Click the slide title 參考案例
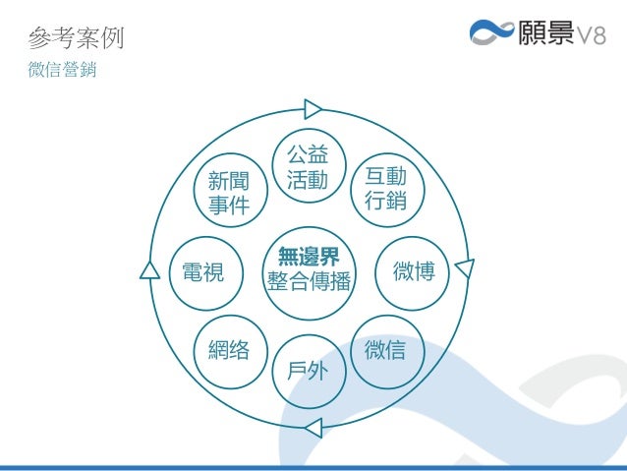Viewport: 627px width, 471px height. [x=76, y=40]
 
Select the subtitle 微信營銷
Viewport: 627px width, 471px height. [x=63, y=72]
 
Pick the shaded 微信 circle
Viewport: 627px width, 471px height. [x=385, y=349]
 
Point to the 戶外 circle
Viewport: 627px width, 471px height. [x=308, y=371]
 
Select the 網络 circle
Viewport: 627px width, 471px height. [x=228, y=349]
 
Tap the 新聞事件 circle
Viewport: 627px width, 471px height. [x=228, y=193]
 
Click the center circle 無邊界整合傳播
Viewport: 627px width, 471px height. [x=308, y=270]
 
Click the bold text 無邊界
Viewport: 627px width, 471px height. [x=308, y=258]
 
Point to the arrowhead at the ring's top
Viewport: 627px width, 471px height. [x=313, y=108]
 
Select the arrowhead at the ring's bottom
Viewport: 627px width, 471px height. [x=312, y=427]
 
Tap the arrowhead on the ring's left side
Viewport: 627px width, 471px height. [x=149, y=270]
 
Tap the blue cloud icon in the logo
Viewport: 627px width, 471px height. [x=491, y=34]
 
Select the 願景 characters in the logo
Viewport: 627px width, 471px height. [x=543, y=34]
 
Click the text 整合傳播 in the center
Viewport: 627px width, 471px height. [x=309, y=282]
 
